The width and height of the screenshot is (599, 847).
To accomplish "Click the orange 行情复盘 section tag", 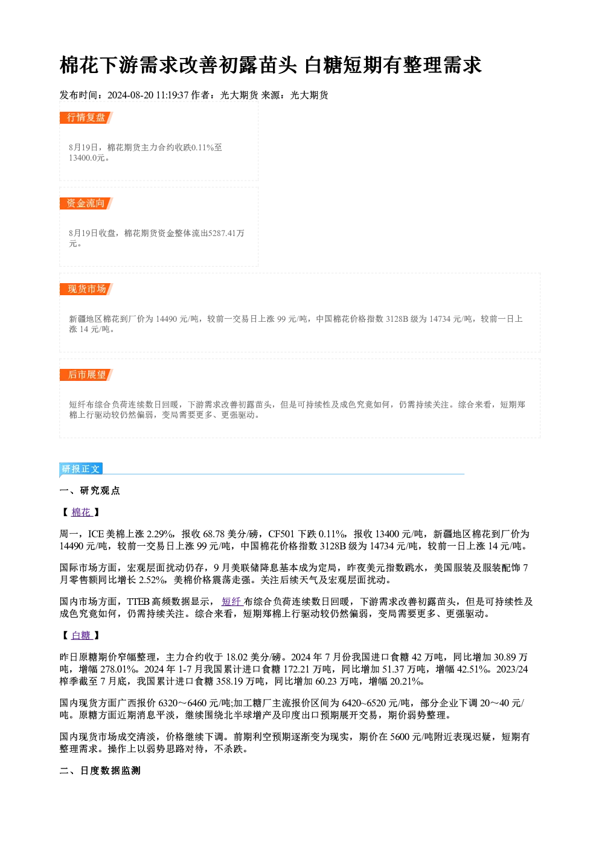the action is point(86,118).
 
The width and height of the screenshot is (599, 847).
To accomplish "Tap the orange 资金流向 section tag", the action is point(86,203).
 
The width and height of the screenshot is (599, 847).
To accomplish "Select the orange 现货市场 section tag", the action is point(86,289).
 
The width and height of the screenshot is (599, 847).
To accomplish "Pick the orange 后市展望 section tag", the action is point(86,375).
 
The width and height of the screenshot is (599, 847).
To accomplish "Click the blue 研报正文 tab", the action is point(81,469).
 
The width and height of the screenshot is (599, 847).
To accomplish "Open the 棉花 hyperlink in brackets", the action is point(82,513).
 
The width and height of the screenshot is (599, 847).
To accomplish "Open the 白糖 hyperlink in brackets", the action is point(82,636).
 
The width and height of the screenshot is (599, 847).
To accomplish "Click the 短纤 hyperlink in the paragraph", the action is point(232,602).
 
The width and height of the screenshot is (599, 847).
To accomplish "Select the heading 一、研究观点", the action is point(89,491).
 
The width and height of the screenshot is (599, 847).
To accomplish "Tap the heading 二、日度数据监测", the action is point(100,770).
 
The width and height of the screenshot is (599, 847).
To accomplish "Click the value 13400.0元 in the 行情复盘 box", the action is point(86,158).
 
